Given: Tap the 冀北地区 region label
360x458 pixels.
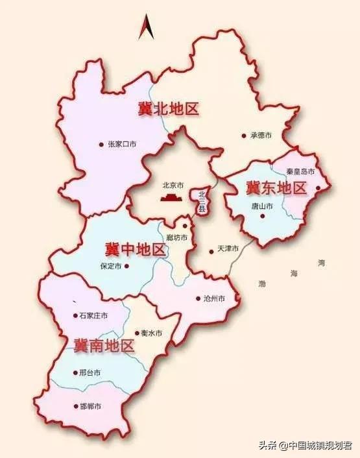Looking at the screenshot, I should (168, 109).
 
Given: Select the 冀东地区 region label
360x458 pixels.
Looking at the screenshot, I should (276, 189).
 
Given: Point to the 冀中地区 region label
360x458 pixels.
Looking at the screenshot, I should (136, 248).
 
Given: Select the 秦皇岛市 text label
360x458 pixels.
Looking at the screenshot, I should (300, 172).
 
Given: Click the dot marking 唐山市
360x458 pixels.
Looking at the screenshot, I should (263, 215).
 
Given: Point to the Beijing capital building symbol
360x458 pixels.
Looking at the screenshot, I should (172, 196).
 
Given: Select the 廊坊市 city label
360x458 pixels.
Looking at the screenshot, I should (177, 237).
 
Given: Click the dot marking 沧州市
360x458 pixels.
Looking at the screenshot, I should (198, 299).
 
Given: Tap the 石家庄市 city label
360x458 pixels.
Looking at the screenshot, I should (93, 316).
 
